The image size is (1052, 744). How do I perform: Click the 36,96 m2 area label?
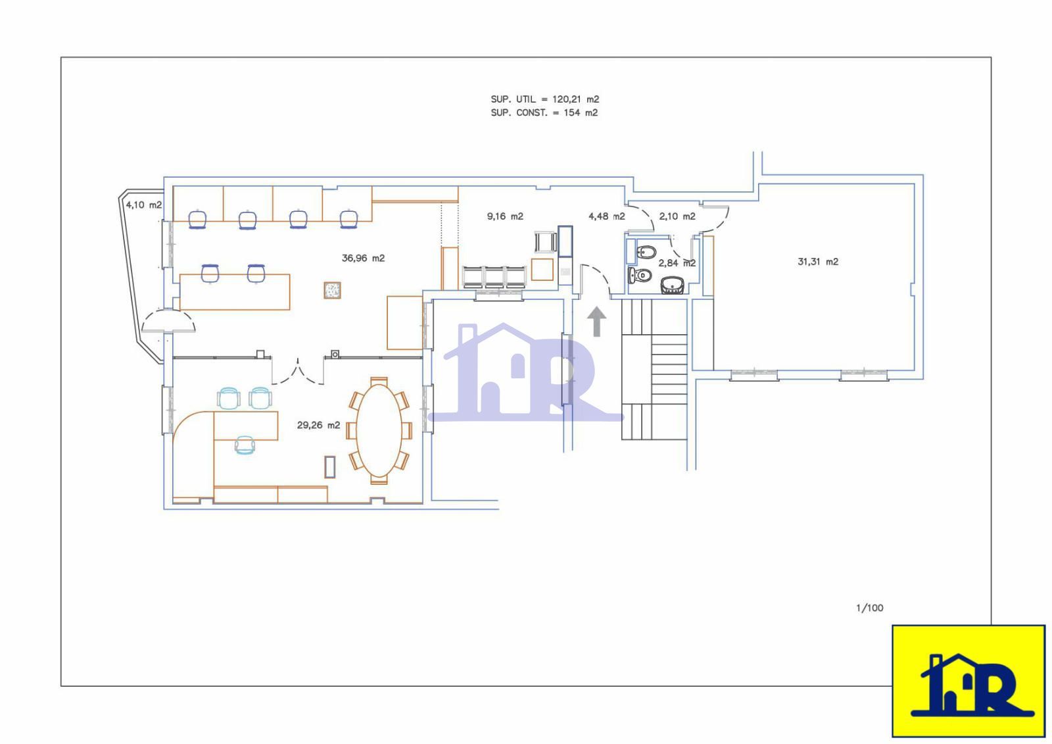(x=363, y=258)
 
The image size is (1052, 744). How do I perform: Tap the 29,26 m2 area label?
(x=318, y=426)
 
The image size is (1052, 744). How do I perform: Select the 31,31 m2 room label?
(x=818, y=262)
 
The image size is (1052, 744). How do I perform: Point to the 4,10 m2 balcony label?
(x=144, y=205)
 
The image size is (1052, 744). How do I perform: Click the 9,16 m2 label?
(x=505, y=216)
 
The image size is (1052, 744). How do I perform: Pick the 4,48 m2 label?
(x=607, y=216)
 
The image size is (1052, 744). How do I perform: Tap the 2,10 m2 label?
(x=677, y=216)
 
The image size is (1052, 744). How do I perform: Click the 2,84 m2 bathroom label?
(x=677, y=263)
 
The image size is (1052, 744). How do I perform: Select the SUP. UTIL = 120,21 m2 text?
(x=545, y=99)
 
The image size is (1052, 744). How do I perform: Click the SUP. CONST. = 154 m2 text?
(x=544, y=112)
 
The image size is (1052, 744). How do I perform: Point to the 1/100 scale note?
(x=870, y=608)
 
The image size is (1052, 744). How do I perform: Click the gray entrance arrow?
(x=596, y=322)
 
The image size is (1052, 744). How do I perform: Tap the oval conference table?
(x=379, y=430)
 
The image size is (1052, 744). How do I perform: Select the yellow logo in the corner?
(x=968, y=681)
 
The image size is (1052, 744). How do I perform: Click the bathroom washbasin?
(x=672, y=285)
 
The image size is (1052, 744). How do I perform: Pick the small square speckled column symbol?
(x=332, y=291)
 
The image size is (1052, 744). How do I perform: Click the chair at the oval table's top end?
(x=379, y=381)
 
